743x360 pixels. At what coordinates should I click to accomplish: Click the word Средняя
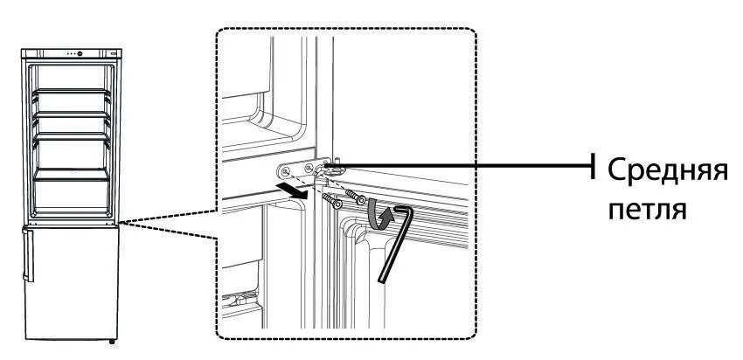(667, 170)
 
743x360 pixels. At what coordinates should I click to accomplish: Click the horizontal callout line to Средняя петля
(463, 163)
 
